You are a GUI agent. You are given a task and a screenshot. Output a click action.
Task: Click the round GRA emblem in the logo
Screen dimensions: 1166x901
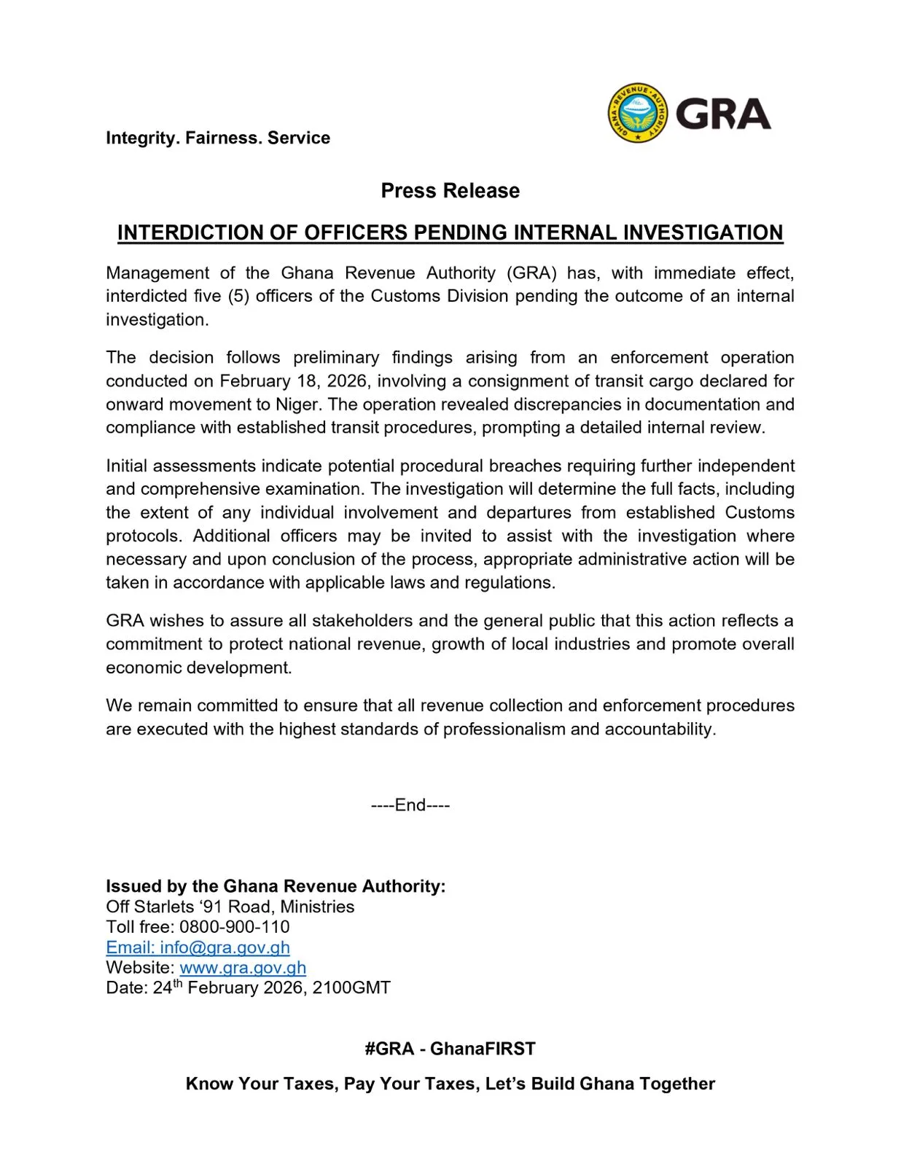pos(638,113)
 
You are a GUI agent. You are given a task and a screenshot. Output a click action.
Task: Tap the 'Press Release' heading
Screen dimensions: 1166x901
pos(450,191)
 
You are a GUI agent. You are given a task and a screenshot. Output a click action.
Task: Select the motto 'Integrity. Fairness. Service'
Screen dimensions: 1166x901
pos(217,138)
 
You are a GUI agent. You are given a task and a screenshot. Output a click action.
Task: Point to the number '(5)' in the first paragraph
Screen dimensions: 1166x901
pos(238,296)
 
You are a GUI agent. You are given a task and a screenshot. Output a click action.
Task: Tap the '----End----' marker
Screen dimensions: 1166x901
pos(410,805)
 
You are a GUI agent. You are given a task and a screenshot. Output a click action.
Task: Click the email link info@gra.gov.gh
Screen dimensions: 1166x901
pos(198,947)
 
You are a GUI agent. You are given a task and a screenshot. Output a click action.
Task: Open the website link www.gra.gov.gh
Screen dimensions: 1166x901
pos(243,968)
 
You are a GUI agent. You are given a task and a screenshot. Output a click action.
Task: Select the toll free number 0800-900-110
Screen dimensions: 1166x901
pos(234,927)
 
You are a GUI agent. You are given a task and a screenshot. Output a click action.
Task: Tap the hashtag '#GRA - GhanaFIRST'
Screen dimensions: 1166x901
pos(450,1049)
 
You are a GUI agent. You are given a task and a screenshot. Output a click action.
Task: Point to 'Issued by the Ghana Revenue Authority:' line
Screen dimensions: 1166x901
pos(276,886)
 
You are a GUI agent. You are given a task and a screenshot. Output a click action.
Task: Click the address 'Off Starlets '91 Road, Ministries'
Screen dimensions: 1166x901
pos(230,907)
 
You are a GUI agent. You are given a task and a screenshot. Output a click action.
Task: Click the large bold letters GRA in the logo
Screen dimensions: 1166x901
pos(722,114)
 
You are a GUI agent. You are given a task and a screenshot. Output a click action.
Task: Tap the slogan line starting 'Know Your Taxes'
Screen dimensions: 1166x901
pos(450,1084)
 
